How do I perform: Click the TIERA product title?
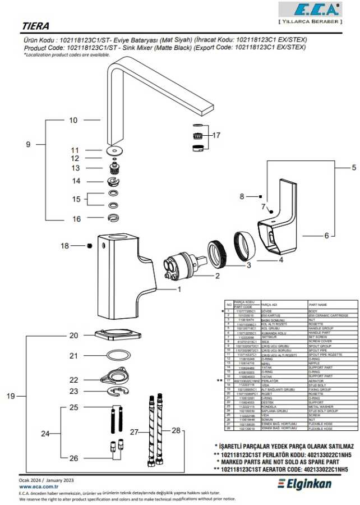(x=35, y=26)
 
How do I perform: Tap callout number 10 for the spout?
(x=73, y=120)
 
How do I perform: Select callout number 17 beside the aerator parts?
(x=216, y=135)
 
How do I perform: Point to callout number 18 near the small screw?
(x=65, y=246)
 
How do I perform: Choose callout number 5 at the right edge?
(x=354, y=167)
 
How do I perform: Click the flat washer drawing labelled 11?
(x=115, y=150)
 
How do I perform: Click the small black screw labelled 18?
(x=89, y=246)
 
